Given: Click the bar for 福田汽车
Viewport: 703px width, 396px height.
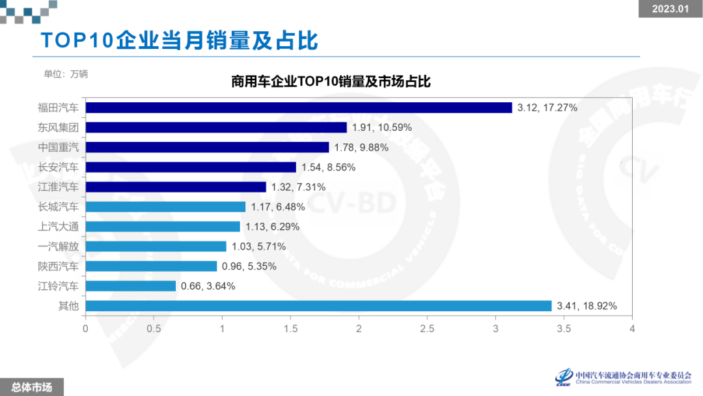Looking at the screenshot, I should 299,107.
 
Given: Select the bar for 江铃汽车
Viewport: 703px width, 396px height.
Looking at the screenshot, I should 131,286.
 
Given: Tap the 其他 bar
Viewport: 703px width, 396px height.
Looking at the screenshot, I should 318,306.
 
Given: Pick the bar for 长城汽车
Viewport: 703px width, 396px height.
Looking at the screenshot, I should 165,206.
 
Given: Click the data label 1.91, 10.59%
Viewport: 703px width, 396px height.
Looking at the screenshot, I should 382,128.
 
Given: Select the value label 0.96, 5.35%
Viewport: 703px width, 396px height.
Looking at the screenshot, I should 249,266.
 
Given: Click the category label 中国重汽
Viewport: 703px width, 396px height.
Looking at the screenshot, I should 58,147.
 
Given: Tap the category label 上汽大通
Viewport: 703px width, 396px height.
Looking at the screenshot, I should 58,227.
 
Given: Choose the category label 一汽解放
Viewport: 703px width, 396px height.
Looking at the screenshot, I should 58,246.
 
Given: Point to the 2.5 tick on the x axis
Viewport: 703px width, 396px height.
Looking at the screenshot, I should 427,329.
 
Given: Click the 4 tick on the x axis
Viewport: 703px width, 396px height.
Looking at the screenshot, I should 632,329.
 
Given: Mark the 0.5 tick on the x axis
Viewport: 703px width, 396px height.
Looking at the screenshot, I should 154,329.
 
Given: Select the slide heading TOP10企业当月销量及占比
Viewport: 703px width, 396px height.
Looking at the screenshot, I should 179,40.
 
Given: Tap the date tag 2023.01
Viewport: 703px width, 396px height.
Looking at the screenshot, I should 670,8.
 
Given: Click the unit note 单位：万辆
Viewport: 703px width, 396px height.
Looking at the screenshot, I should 66,74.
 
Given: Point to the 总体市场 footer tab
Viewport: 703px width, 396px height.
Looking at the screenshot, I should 32,387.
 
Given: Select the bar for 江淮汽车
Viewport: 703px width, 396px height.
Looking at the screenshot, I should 176,187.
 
